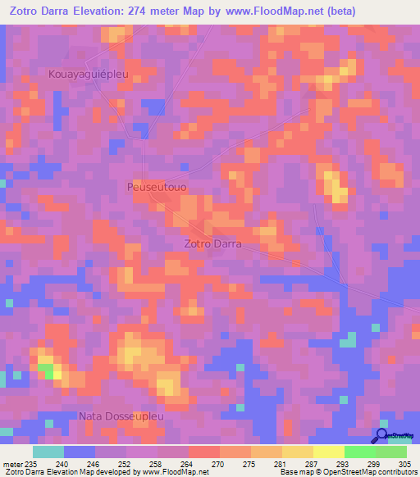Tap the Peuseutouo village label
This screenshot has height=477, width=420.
coord(157,188)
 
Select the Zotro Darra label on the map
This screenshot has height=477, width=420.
coord(212,243)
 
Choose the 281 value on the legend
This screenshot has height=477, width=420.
coord(281,462)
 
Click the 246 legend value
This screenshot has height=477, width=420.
coord(94,462)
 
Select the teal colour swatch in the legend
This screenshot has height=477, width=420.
coord(48,452)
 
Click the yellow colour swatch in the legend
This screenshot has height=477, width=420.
coord(328,452)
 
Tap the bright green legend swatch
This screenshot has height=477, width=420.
coord(359,452)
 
